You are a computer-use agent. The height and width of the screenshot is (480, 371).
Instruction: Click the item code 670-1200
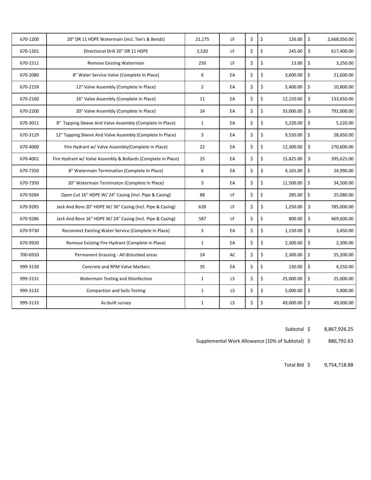29,39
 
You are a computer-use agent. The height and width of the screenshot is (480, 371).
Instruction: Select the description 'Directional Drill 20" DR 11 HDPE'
116,51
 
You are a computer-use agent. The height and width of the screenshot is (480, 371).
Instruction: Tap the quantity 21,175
202,39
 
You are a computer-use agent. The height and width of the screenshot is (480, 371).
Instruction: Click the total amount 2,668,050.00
340,39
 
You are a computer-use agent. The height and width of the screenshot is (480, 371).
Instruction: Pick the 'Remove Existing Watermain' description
116,63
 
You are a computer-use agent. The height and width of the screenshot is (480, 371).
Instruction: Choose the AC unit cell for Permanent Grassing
232,255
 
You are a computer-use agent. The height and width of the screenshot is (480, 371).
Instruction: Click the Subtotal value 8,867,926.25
338,329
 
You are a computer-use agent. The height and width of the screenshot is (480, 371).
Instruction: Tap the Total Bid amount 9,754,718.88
338,365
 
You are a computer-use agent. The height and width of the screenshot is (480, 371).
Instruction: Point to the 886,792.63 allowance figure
340,341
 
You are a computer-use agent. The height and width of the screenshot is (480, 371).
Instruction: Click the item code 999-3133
29,303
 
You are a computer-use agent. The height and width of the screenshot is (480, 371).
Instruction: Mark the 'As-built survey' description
116,303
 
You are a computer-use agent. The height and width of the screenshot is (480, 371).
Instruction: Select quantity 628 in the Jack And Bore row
202,207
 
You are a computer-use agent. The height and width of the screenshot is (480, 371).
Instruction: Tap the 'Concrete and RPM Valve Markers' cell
116,267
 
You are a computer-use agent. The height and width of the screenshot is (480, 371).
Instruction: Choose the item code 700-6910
29,255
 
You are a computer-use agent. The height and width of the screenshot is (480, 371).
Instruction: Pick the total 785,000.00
342,207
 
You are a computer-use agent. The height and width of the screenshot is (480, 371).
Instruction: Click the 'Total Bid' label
294,365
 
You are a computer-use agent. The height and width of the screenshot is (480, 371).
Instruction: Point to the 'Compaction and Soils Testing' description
116,291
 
